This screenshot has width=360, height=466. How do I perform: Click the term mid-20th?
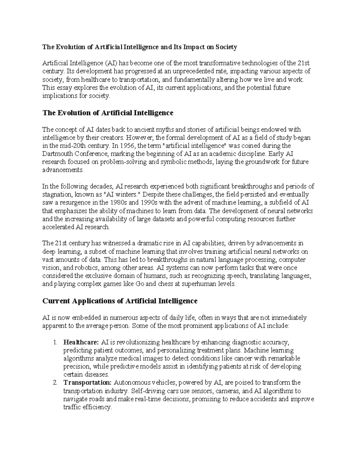coord(66,146)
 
